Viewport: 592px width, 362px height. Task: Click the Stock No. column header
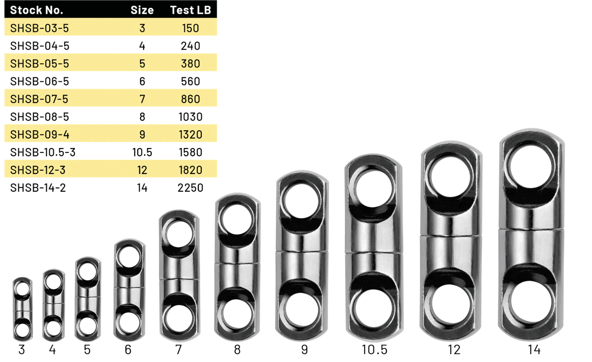point(37,10)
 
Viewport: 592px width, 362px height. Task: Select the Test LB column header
point(190,10)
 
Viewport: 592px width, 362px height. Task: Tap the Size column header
point(142,10)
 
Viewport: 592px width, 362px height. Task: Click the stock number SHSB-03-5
point(39,28)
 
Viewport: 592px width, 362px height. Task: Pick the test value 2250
point(190,188)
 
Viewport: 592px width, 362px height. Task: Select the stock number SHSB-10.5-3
point(43,152)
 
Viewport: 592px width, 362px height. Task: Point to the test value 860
point(190,99)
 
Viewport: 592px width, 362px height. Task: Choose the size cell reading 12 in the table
point(142,170)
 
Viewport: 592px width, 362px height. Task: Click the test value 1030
point(190,117)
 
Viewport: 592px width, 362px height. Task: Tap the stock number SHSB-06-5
point(39,81)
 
